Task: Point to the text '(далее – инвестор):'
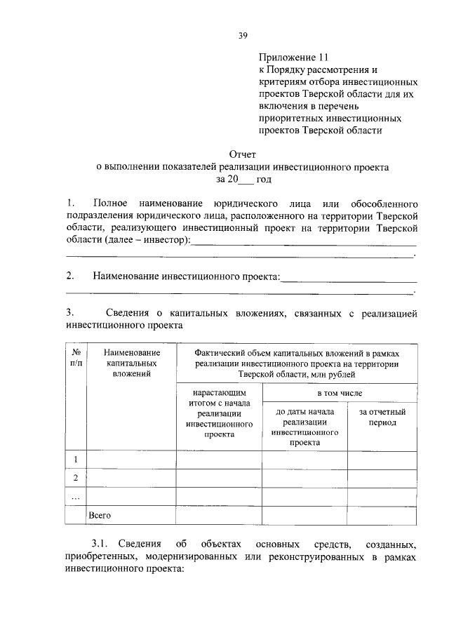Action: coord(147,241)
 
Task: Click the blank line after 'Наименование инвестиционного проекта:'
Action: coord(348,278)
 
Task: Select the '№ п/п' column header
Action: coord(75,357)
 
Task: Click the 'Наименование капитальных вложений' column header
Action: coord(131,363)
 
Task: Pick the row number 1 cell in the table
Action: coord(75,460)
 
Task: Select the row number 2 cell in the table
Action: coord(75,478)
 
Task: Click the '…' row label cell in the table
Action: coord(75,497)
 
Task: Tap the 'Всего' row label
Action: coord(100,515)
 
